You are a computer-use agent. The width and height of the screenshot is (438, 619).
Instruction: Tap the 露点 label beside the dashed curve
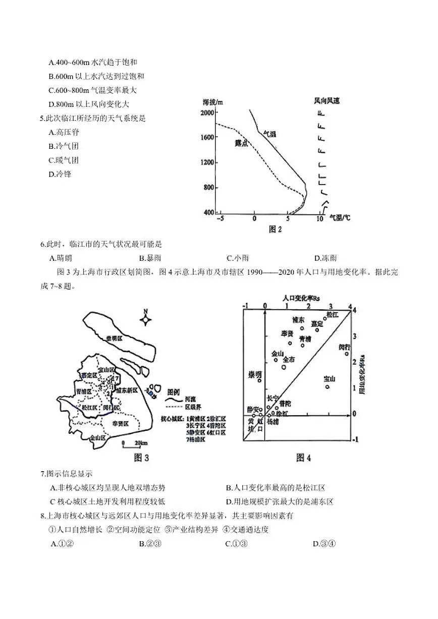(x=241, y=143)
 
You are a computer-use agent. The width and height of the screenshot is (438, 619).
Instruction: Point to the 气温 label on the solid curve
(x=270, y=134)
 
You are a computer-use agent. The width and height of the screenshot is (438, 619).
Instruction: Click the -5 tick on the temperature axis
(x=220, y=218)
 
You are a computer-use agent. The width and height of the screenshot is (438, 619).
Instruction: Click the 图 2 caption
(x=275, y=230)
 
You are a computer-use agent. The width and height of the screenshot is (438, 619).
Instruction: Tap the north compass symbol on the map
(x=145, y=319)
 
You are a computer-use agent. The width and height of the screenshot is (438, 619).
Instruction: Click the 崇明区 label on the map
(x=114, y=338)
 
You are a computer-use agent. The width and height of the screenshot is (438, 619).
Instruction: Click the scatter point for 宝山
(x=327, y=387)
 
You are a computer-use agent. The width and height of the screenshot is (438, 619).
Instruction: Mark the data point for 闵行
(x=347, y=354)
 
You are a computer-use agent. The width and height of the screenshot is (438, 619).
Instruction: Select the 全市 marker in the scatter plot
(x=284, y=367)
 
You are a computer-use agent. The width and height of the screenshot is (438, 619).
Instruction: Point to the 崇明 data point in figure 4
(x=259, y=380)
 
